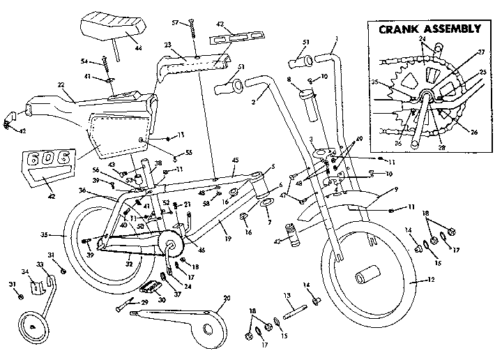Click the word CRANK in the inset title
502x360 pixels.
(400, 29)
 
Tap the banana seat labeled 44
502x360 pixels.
(115, 29)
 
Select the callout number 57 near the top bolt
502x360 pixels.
(176, 22)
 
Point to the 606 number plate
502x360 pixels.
(45, 160)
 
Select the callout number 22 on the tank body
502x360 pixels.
(61, 86)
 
